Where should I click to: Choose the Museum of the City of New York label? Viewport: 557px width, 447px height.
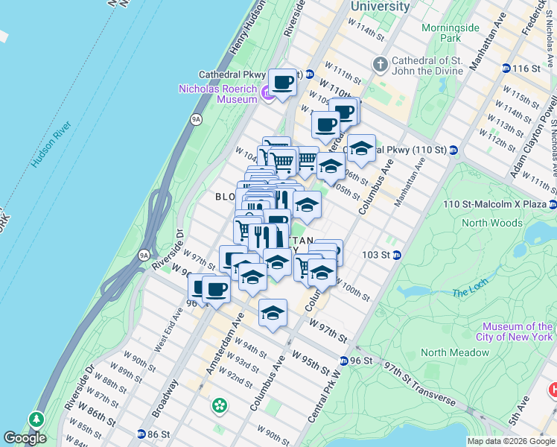(x=517, y=332)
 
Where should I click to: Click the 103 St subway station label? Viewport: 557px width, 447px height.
(x=376, y=255)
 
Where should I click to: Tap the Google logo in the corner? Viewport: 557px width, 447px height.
(x=24, y=438)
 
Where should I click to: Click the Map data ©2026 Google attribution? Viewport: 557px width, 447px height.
(x=511, y=441)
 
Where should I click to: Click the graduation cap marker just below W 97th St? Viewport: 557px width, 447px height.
(x=273, y=312)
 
